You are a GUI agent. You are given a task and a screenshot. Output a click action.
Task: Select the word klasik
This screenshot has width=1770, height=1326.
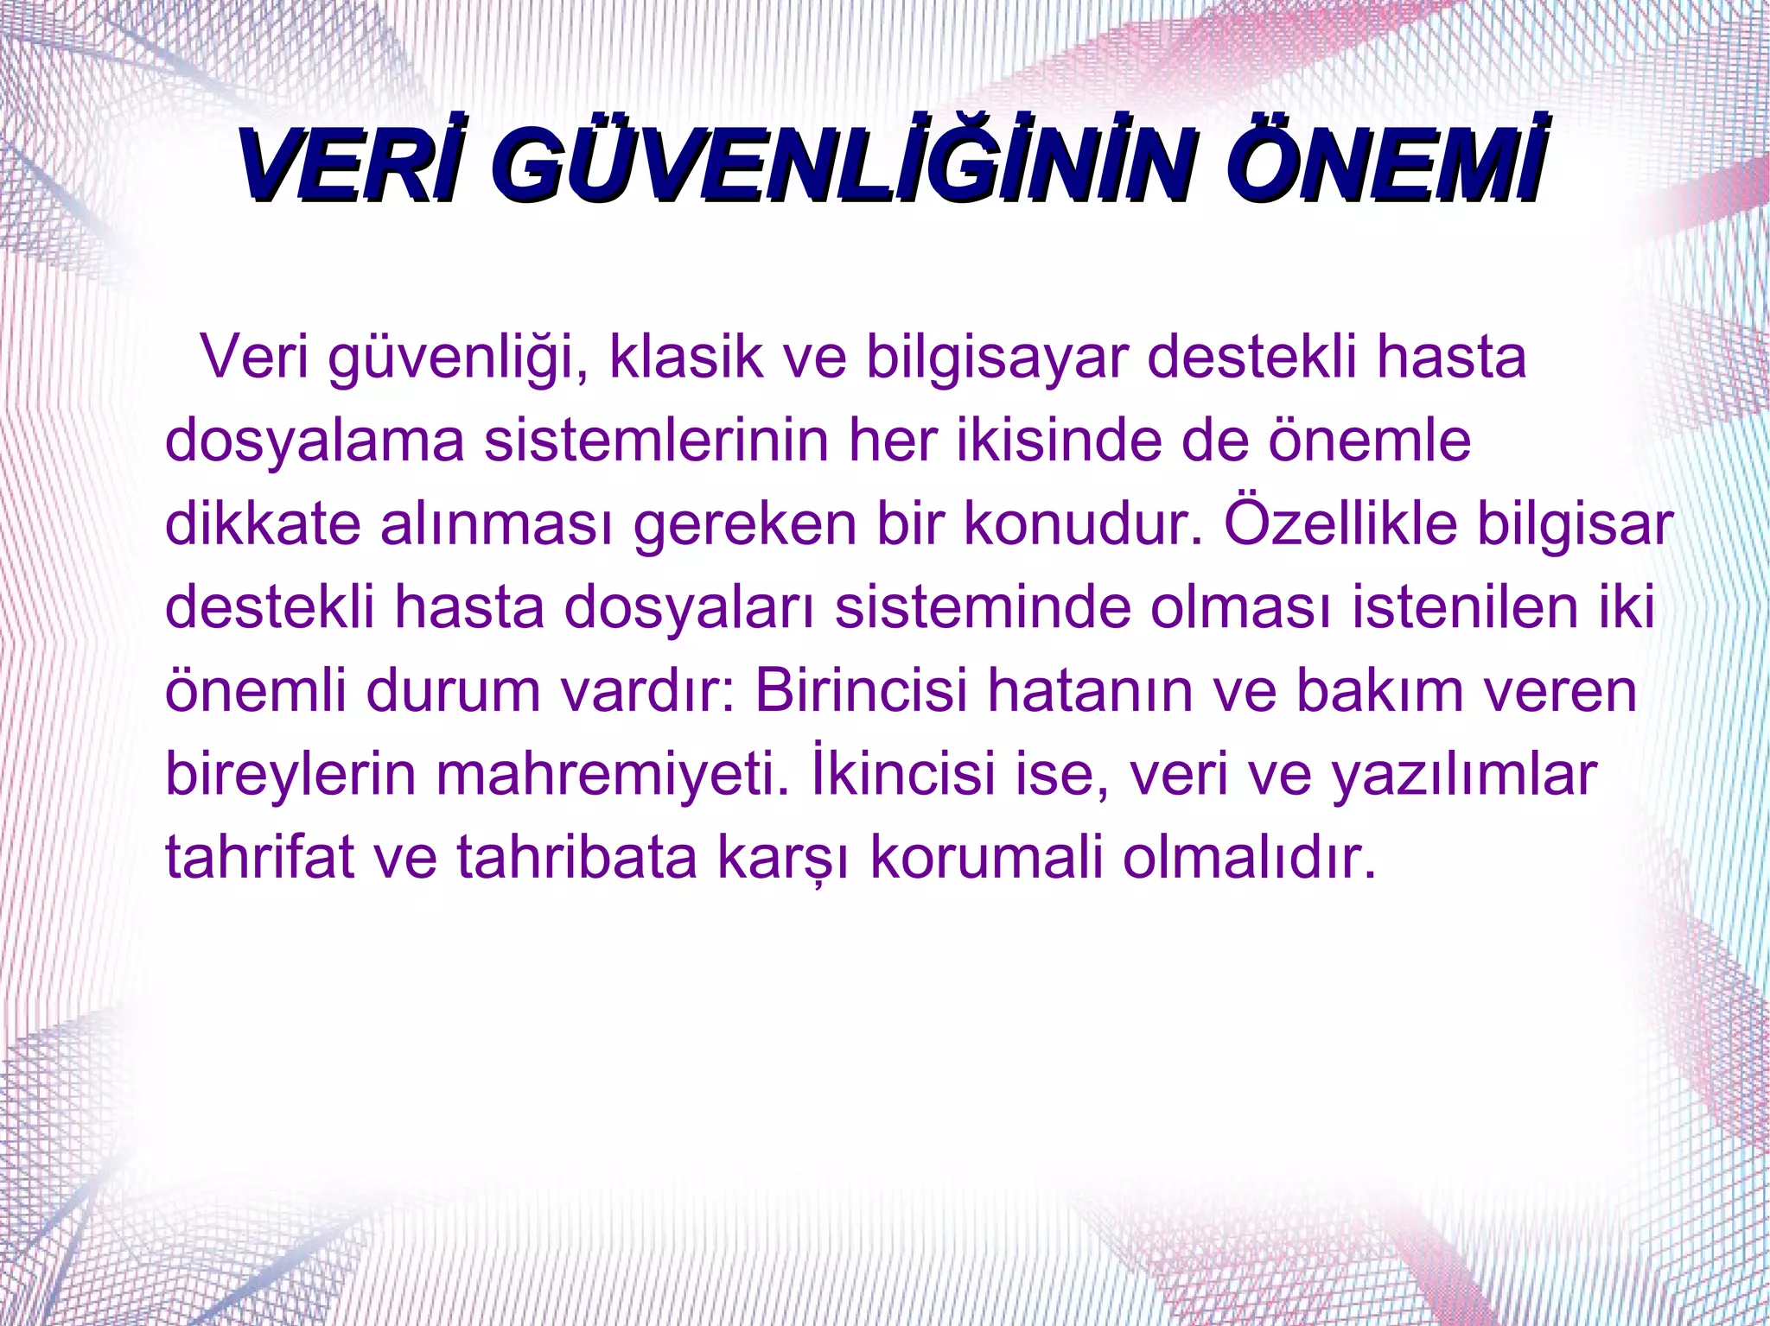686,357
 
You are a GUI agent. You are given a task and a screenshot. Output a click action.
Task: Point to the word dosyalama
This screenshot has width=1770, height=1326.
315,441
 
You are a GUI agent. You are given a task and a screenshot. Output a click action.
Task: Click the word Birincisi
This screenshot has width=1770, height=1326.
861,690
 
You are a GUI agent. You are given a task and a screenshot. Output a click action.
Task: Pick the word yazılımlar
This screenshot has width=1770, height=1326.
1463,774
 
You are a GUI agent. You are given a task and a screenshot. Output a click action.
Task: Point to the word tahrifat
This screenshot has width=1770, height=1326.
259,856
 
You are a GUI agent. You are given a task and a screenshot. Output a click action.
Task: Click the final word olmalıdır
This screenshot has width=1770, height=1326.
1248,856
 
